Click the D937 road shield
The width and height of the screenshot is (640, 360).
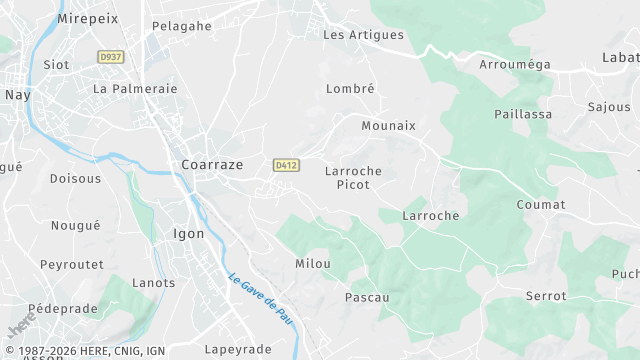(110, 57)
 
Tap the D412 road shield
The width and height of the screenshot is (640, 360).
(285, 164)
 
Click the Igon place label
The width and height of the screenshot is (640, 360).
(189, 234)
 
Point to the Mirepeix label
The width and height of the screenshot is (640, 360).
(89, 19)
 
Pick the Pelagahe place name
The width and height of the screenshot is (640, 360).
(182, 26)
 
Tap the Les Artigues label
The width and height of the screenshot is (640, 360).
(363, 35)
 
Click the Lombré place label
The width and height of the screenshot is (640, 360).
(350, 89)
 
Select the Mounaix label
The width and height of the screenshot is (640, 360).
(388, 126)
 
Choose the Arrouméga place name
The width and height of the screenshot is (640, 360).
(515, 65)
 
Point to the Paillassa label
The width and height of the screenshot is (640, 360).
(523, 115)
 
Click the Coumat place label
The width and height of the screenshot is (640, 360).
(541, 205)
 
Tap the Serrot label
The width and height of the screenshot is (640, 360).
(546, 296)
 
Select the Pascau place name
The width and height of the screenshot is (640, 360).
(366, 298)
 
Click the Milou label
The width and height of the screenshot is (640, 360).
(313, 264)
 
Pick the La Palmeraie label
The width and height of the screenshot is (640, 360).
(135, 89)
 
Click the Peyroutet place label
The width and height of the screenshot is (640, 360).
(72, 265)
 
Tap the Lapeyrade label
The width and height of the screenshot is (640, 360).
(238, 349)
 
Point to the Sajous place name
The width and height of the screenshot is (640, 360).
(609, 107)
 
